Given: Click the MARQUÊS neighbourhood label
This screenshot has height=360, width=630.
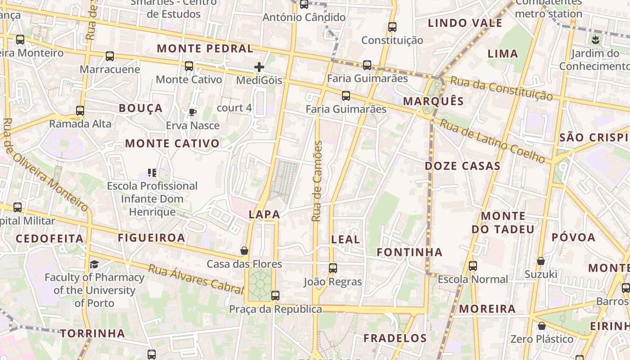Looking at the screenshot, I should (433, 101).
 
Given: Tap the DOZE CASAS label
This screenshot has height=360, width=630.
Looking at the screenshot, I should (463, 166).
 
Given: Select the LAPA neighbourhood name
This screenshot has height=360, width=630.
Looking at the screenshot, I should (264, 215).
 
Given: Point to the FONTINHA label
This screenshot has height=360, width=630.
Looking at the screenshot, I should (409, 252).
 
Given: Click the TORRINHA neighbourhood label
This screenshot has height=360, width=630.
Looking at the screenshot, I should (93, 333).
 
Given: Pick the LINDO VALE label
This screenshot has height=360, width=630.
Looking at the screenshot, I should (465, 23).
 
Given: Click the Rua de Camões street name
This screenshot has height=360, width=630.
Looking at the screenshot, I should (317, 181).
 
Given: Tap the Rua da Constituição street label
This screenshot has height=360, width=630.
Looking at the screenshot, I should (501, 88).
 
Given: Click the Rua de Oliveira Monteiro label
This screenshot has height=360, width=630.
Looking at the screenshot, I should (45, 164).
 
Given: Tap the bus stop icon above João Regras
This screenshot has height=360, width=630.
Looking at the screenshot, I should (333, 268).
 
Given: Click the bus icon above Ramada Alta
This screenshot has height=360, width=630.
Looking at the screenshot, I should (80, 110).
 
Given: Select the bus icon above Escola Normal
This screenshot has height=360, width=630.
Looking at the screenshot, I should (472, 265).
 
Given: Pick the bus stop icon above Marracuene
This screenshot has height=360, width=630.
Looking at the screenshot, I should (110, 56).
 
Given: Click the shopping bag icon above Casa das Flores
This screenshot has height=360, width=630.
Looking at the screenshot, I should (244, 251).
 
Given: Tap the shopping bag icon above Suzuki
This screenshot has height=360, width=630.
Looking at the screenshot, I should (540, 261).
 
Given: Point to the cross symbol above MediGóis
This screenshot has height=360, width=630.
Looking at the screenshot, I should (259, 67).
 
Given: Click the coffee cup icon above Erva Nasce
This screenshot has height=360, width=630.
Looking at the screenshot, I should (193, 112).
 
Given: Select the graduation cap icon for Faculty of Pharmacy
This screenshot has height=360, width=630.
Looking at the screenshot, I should (94, 264).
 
